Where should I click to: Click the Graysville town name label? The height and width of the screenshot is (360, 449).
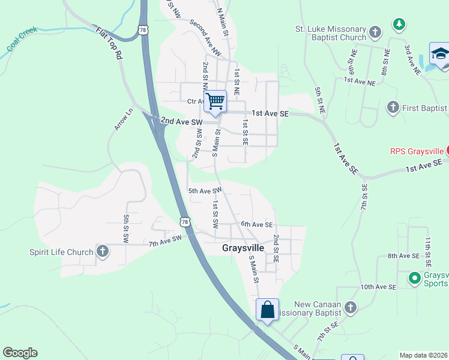click(x=243, y=247)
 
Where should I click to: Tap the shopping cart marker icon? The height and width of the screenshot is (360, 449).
click(x=215, y=101)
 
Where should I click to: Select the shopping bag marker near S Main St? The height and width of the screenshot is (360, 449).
click(x=267, y=310)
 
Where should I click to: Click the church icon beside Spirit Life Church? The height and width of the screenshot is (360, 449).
click(x=103, y=251)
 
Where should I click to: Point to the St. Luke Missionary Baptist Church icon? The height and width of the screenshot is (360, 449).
click(x=375, y=32)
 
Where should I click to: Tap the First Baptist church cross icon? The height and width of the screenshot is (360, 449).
click(x=393, y=107)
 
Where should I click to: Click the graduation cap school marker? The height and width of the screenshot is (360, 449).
click(x=440, y=53)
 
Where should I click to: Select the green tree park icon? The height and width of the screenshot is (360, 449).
click(x=399, y=24)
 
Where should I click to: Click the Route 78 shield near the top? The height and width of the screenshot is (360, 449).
click(x=142, y=30)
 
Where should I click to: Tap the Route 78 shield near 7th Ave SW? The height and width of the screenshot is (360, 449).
click(x=184, y=222)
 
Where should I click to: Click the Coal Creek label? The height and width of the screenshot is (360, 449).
click(x=22, y=38)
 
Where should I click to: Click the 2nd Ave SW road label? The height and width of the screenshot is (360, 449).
click(x=181, y=122)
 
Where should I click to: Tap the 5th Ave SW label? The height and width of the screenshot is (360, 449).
click(x=205, y=191)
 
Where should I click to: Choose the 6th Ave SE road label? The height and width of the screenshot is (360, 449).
click(x=257, y=224)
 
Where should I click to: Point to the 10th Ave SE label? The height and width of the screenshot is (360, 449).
click(x=378, y=287)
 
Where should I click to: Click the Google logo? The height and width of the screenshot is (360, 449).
click(x=20, y=353)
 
